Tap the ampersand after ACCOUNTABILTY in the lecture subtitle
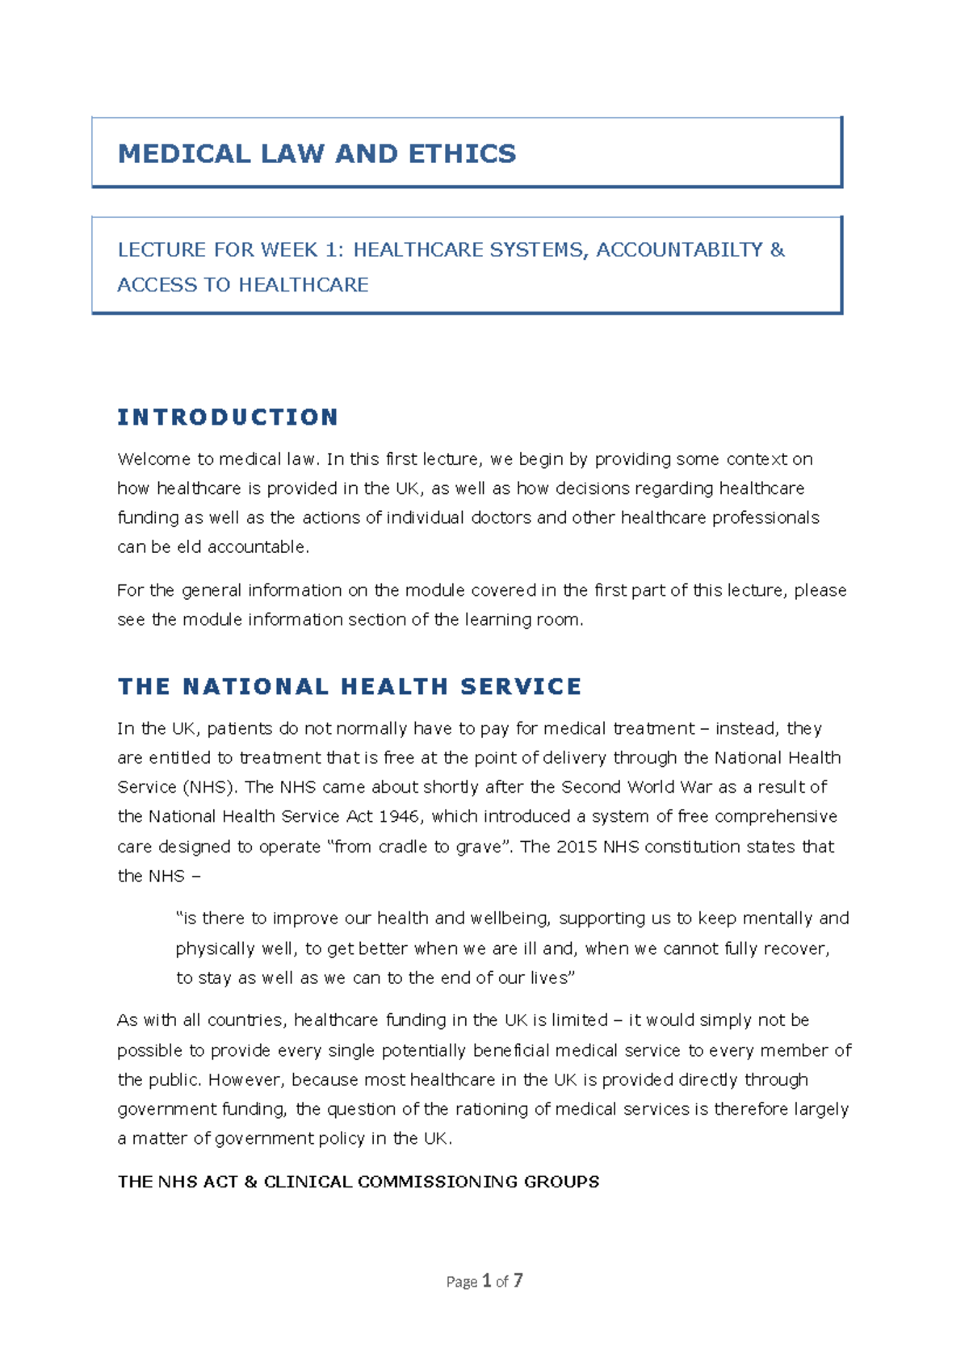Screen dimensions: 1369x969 (x=777, y=249)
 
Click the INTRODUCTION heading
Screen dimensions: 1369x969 (x=228, y=417)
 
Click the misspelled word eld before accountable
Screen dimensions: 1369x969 (x=189, y=547)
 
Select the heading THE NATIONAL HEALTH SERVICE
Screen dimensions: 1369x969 (x=350, y=687)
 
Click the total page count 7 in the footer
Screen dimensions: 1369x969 (x=518, y=1281)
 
